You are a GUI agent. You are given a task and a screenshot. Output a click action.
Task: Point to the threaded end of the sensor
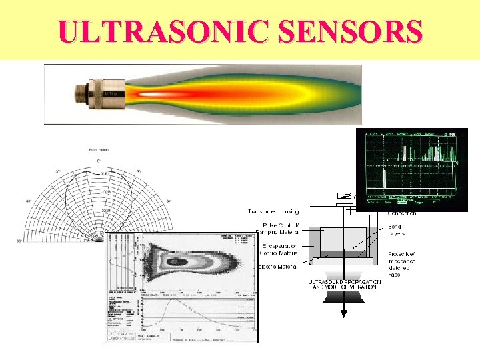(x=79, y=95)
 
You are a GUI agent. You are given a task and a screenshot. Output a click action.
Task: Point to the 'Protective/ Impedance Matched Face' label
(x=403, y=264)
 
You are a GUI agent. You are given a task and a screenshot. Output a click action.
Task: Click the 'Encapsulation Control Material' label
(x=277, y=249)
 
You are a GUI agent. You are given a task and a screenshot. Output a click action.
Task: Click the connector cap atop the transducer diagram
(x=345, y=195)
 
